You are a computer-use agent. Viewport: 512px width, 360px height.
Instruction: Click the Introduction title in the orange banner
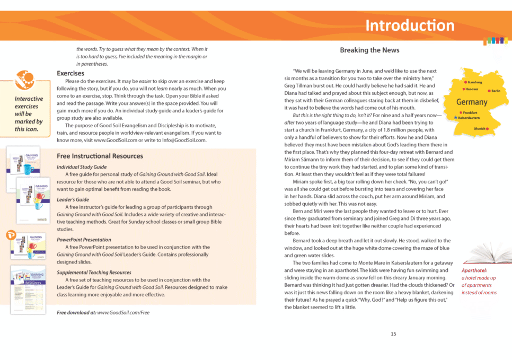coord(410,25)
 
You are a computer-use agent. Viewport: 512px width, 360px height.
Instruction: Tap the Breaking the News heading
coord(369,50)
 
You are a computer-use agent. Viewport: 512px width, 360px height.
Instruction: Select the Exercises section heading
coord(70,73)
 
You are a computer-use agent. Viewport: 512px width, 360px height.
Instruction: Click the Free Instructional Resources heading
coord(100,156)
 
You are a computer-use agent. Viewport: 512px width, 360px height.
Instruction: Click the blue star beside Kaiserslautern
coord(455,118)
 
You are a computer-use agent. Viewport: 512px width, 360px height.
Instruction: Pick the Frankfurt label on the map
coord(470,112)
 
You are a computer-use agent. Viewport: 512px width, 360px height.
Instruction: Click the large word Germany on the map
coord(472,102)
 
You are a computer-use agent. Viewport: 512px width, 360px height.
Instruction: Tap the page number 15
coord(393,333)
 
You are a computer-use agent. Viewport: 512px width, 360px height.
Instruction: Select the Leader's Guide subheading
coord(73,200)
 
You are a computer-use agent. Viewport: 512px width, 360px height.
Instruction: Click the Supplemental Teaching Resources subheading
coord(94,273)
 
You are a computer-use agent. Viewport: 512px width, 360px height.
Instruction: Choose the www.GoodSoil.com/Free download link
coord(123,312)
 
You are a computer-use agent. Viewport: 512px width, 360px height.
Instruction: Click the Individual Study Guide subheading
coord(82,167)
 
